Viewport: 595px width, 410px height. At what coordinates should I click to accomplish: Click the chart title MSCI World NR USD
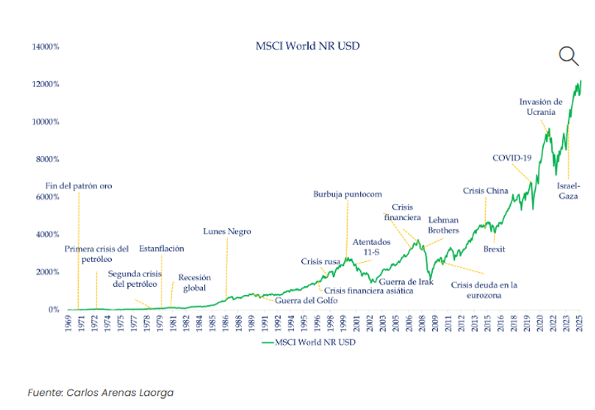(307, 46)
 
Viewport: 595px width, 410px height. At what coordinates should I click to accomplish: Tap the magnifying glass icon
(569, 56)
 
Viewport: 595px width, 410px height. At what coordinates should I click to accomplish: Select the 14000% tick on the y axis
(45, 47)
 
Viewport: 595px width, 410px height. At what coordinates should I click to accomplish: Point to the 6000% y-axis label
(47, 197)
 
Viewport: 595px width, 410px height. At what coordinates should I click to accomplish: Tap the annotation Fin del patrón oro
(79, 185)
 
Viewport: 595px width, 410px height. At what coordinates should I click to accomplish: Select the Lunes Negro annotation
(227, 231)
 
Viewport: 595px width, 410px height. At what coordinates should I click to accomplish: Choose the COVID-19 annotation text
(512, 158)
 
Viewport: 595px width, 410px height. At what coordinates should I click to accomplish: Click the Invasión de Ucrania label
(541, 107)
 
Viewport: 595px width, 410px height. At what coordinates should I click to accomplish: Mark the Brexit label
(494, 249)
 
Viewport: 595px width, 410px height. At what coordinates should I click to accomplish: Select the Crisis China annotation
(485, 191)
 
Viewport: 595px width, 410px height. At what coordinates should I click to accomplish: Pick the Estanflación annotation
(162, 249)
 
